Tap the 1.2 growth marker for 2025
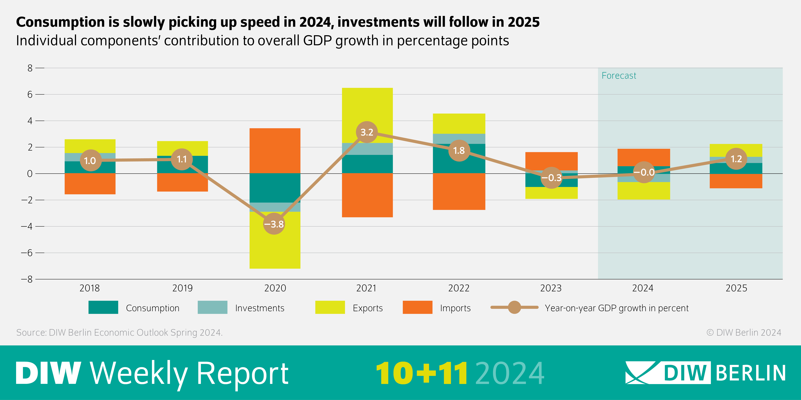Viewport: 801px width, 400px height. (736, 159)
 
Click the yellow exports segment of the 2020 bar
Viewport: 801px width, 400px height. (275, 245)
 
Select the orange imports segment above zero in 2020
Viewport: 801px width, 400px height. (275, 151)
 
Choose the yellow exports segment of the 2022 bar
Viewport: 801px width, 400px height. (459, 124)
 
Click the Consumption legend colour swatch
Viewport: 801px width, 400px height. (103, 307)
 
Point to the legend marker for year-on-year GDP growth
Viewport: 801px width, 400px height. (514, 307)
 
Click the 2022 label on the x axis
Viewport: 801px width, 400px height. (459, 288)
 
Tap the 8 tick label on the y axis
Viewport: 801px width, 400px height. (30, 68)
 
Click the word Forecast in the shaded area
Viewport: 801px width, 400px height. (619, 76)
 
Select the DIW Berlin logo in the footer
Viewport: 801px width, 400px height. (705, 373)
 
